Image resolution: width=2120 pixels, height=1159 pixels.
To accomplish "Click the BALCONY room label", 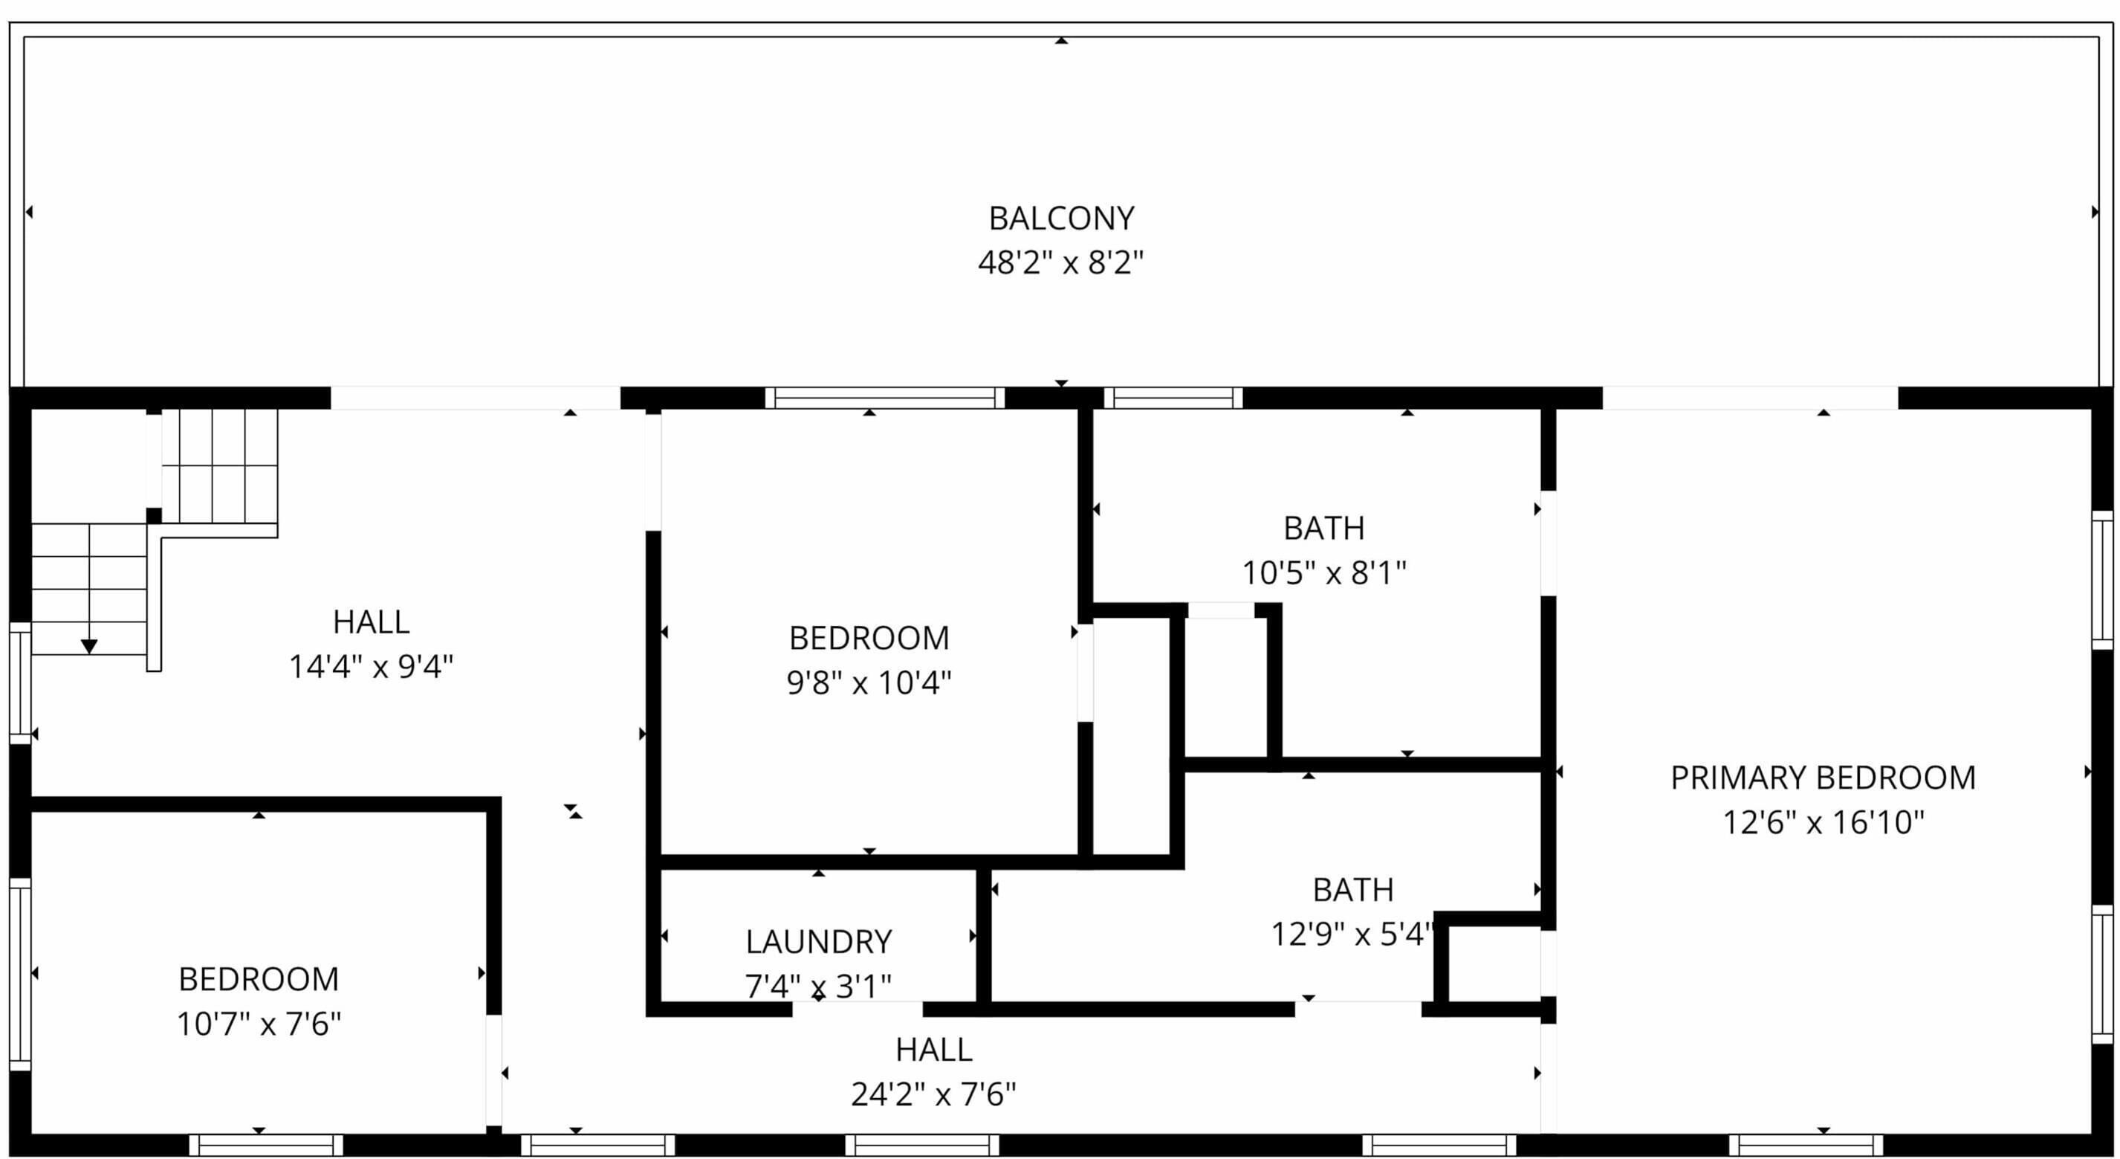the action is click(1061, 218).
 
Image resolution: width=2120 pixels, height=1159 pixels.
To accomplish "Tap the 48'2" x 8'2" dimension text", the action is click(1061, 263).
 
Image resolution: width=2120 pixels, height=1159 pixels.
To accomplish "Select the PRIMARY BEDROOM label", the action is click(1823, 778).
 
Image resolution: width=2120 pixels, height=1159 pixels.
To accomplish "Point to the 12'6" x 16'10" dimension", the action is click(1824, 822).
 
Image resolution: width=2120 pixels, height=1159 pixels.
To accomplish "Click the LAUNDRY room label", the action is click(819, 942).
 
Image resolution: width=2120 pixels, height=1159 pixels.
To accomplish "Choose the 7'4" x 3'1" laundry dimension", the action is click(819, 985).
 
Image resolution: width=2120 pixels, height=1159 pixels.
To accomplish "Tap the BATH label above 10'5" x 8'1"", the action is click(1324, 528).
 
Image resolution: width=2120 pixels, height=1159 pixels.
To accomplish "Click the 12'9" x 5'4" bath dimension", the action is click(1353, 934).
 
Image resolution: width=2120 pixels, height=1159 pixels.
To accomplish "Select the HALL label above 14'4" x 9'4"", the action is click(371, 622).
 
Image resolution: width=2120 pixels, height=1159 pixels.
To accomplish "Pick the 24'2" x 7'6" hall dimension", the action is click(934, 1094).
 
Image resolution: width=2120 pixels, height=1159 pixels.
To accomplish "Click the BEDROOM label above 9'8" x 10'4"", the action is click(869, 638).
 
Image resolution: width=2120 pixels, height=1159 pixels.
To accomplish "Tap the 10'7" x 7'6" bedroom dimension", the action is click(259, 1024).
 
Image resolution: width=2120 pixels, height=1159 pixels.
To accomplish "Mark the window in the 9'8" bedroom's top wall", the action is click(885, 398).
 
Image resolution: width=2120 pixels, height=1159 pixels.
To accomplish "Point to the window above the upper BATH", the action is click(1173, 398).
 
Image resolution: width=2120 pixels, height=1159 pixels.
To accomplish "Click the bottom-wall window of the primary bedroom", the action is click(1806, 1145).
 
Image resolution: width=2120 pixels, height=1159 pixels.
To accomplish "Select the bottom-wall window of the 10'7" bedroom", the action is click(266, 1145).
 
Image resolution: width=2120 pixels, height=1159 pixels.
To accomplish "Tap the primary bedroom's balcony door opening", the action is click(1750, 398).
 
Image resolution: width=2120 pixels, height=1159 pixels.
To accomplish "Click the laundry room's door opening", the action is click(858, 1009).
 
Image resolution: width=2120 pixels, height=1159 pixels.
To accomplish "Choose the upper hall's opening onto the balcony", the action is click(475, 398).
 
